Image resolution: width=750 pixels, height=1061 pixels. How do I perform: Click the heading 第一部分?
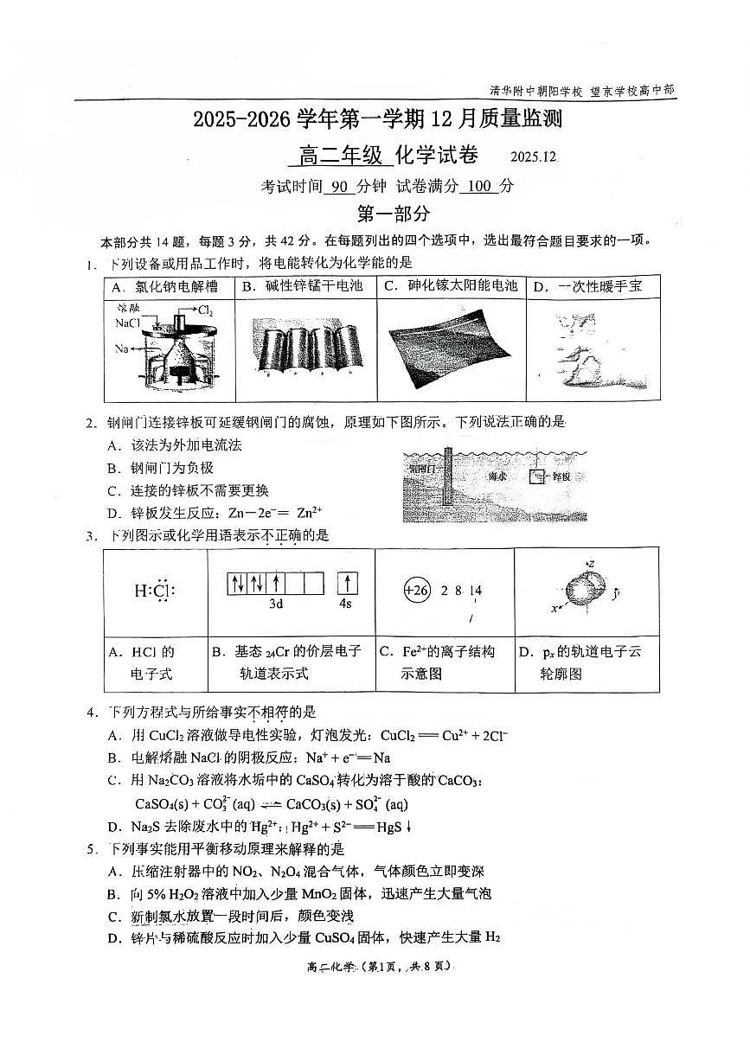(394, 214)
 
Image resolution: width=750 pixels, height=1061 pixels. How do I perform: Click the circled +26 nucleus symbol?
(417, 591)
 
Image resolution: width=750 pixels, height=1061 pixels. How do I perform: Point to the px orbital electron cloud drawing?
(586, 590)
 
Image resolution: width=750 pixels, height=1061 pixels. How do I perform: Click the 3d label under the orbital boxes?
(276, 604)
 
